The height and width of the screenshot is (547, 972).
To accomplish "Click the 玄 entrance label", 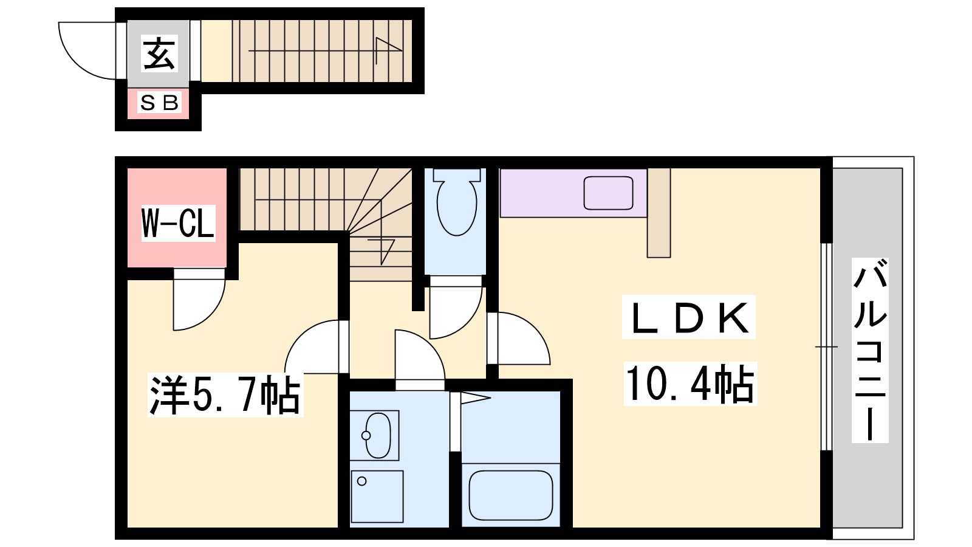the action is pyautogui.click(x=159, y=53).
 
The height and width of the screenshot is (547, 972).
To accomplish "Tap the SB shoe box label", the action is pyautogui.click(x=159, y=103).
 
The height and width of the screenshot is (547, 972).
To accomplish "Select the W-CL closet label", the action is pyautogui.click(x=178, y=222).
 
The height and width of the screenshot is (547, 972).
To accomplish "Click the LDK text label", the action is pyautogui.click(x=689, y=317).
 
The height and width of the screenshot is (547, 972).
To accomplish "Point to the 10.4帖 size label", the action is pyautogui.click(x=690, y=384).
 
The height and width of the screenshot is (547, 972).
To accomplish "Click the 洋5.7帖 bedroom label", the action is pyautogui.click(x=225, y=395).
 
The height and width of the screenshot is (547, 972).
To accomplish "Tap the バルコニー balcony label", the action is pyautogui.click(x=870, y=350).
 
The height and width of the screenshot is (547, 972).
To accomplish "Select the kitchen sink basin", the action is pyautogui.click(x=608, y=193).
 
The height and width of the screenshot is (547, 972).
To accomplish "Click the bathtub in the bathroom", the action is pyautogui.click(x=511, y=495).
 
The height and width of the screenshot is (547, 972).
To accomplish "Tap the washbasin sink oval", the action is pyautogui.click(x=378, y=435).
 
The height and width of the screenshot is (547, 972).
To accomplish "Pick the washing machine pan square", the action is pyautogui.click(x=377, y=497).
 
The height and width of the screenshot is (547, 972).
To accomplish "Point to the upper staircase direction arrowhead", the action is pyautogui.click(x=389, y=45).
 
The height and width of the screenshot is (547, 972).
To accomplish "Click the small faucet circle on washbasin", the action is pyautogui.click(x=366, y=435).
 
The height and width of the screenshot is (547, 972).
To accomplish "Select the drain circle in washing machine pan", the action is pyautogui.click(x=361, y=481).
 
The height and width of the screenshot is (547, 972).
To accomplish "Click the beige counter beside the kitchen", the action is pyautogui.click(x=659, y=213).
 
